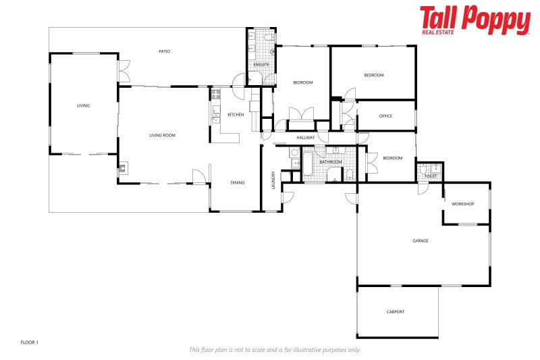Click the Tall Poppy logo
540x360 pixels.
475,20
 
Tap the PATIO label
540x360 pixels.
164,51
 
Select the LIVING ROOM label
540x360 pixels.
162,135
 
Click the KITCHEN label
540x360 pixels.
236,114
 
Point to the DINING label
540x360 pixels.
238,182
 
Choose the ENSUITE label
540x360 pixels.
262,65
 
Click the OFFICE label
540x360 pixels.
385,115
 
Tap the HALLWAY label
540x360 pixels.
305,138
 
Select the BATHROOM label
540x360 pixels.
330,162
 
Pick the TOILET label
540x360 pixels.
431,176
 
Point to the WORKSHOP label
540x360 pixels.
463,204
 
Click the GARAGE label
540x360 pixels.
421,240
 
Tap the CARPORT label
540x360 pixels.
396,311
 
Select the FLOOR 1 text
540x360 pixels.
30,342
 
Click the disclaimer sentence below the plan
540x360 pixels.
274,350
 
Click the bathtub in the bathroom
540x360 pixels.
308,165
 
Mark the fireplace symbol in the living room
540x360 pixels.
122,169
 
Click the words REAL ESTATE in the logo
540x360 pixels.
439,31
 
